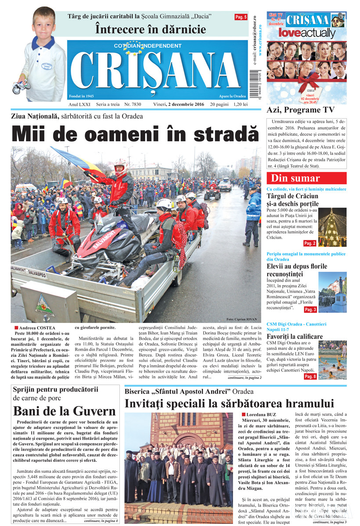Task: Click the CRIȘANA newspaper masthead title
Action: [x=157, y=70]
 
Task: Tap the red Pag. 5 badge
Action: [x=241, y=17]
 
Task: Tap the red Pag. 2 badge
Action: [x=310, y=243]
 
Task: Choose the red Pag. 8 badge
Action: [x=310, y=376]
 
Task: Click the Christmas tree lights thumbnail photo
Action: [x=332, y=228]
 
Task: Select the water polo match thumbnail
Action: [x=332, y=360]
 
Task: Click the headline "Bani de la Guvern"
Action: [x=65, y=411]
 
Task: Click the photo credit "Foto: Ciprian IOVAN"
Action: [x=242, y=319]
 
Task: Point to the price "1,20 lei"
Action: [x=241, y=104]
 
